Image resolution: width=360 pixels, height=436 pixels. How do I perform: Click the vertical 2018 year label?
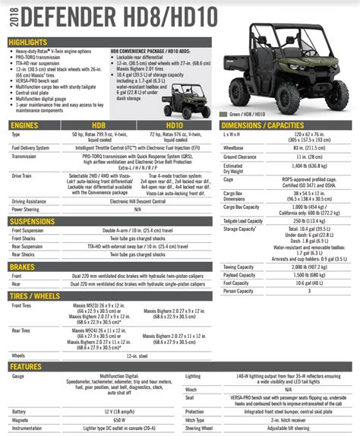click(8, 19)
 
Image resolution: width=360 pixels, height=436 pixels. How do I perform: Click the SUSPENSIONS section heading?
click(36, 221)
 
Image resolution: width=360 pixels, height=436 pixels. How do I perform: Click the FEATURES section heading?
click(27, 365)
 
